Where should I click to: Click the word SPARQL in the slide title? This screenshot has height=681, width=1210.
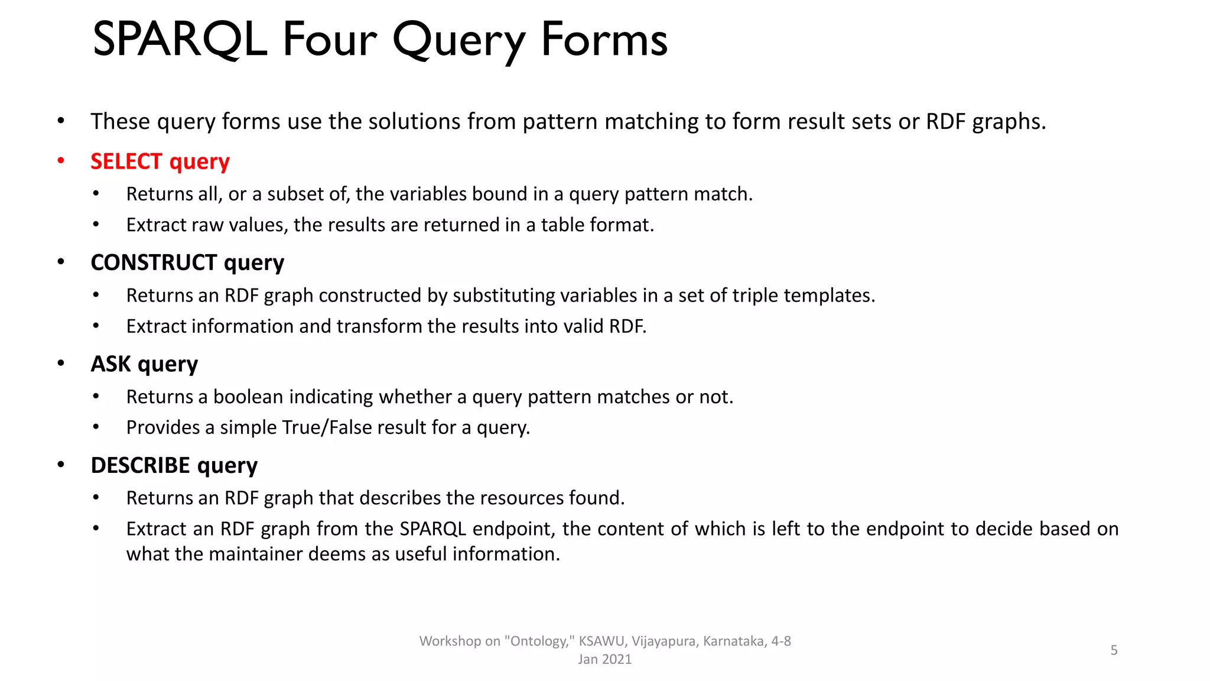[x=180, y=40]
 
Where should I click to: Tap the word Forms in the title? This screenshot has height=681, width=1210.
[x=604, y=40]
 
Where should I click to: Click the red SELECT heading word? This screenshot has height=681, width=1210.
[x=126, y=161]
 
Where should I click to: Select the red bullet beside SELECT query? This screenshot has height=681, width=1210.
[x=61, y=161]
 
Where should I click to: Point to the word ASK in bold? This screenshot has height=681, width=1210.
[x=111, y=364]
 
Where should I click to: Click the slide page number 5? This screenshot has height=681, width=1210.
[x=1114, y=650]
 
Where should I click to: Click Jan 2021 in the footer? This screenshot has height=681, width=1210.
[x=604, y=660]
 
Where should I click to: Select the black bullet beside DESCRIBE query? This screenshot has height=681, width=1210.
[x=61, y=465]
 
